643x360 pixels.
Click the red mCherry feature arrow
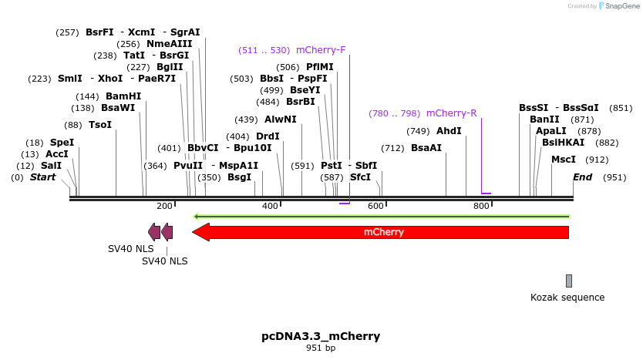pos(381,232)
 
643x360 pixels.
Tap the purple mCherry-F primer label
pos(321,50)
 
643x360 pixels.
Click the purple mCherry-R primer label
pos(451,113)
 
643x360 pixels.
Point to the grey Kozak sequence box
pos(569,281)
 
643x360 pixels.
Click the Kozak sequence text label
pos(567,298)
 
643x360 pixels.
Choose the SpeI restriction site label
pos(62,143)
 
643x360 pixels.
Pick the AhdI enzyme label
pos(449,131)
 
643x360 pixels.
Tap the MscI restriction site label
pos(564,160)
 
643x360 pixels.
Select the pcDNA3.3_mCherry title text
pos(321,336)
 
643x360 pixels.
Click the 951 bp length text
pos(321,348)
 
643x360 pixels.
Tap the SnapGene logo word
pos(624,6)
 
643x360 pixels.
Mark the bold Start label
pos(43,177)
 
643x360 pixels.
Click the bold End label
pos(582,177)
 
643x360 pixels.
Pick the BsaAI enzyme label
pos(426,148)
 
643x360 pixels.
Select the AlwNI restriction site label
pos(280,119)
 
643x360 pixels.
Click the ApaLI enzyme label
pos(550,131)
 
